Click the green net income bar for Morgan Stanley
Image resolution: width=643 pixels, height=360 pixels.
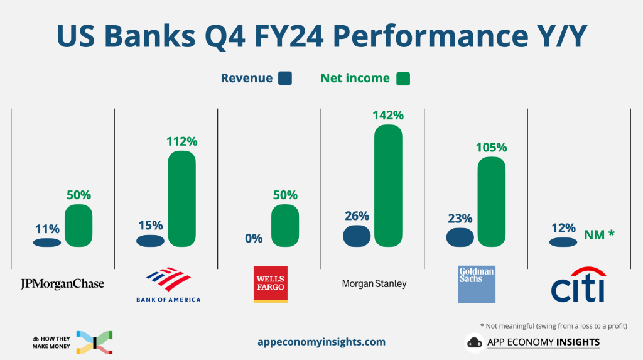tap(388, 185)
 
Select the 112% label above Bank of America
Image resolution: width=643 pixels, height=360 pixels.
tap(182, 141)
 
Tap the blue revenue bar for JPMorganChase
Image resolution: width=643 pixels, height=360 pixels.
tap(47, 243)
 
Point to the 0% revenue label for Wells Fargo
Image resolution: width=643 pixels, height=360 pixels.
tap(254, 238)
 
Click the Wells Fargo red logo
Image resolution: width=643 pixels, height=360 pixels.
tap(270, 284)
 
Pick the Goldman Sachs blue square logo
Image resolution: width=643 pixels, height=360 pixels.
tap(477, 284)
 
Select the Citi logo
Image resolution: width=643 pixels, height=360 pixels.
tap(578, 285)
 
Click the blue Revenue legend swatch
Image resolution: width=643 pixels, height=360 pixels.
tap(286, 79)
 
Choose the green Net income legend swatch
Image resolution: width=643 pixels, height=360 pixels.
tap(403, 79)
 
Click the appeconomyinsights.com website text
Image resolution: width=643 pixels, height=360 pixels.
tap(321, 342)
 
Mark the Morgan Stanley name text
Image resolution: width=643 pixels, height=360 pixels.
tap(374, 284)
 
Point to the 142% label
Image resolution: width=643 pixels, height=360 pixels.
tap(388, 115)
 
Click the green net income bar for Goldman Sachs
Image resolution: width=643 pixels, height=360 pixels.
tap(491, 201)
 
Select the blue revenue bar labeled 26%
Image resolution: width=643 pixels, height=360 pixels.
tap(357, 236)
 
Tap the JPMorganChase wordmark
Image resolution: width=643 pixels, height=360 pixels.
tap(62, 284)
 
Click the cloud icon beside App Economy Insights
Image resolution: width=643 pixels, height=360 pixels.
tap(474, 342)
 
